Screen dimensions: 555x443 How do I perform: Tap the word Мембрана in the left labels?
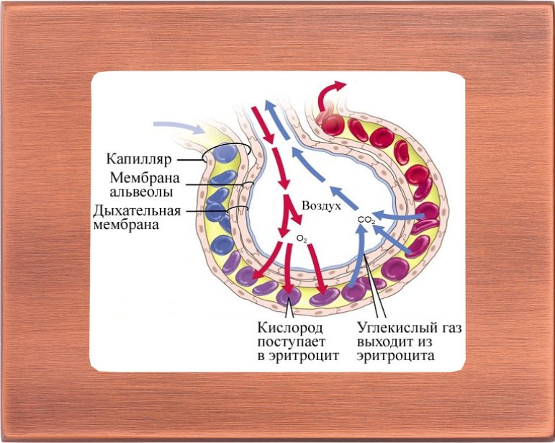coord(142,177)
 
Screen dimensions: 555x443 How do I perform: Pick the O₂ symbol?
coord(302,236)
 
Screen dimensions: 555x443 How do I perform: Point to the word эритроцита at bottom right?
coord(395,355)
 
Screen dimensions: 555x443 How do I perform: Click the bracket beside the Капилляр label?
coord(225,151)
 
